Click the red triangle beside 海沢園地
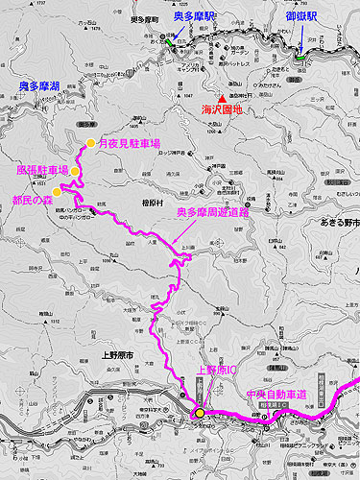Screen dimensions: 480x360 click(223, 98)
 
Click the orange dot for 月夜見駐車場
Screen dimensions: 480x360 click(90, 143)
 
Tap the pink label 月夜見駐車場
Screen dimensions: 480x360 click(129, 143)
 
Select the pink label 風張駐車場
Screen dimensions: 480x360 click(42, 170)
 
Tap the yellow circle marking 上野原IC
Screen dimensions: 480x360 click(200, 413)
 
